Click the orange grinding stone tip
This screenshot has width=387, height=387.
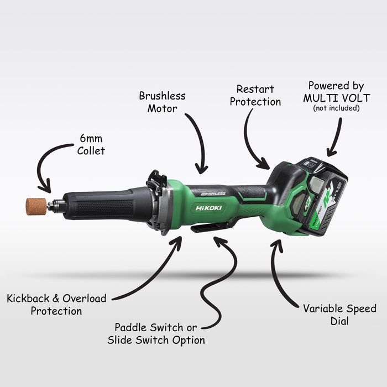click(x=36, y=206)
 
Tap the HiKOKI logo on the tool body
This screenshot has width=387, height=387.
click(x=208, y=208)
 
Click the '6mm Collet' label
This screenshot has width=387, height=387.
click(x=91, y=145)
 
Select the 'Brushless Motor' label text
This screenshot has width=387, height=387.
click(x=162, y=102)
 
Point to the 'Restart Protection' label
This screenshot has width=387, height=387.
click(x=255, y=95)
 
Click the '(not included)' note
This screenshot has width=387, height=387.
click(x=336, y=108)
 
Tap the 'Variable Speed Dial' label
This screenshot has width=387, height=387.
click(x=339, y=315)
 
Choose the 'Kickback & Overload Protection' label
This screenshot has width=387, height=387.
click(x=56, y=305)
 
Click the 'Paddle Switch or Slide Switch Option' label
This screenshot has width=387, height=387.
click(x=156, y=334)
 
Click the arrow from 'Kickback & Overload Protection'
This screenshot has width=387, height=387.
click(x=158, y=276)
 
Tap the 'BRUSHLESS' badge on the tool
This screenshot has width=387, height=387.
click(x=213, y=193)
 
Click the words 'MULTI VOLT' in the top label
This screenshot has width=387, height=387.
click(x=336, y=98)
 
